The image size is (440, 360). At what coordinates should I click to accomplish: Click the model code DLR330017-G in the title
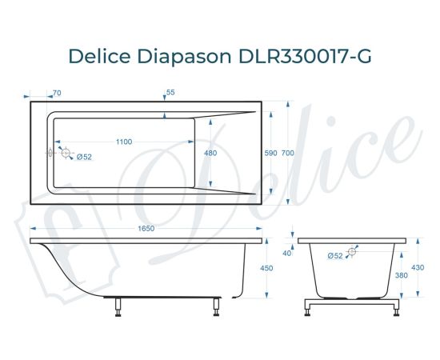(306, 57)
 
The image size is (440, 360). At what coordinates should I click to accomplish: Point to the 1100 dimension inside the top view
(123, 142)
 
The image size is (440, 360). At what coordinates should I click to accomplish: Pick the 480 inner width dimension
(211, 153)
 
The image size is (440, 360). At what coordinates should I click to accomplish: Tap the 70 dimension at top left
(56, 93)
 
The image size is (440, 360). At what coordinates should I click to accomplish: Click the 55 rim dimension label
(170, 93)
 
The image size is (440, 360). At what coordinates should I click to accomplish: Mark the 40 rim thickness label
(287, 252)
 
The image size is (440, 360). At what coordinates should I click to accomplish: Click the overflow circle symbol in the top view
(66, 152)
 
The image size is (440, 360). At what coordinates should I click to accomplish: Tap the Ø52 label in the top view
(84, 157)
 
